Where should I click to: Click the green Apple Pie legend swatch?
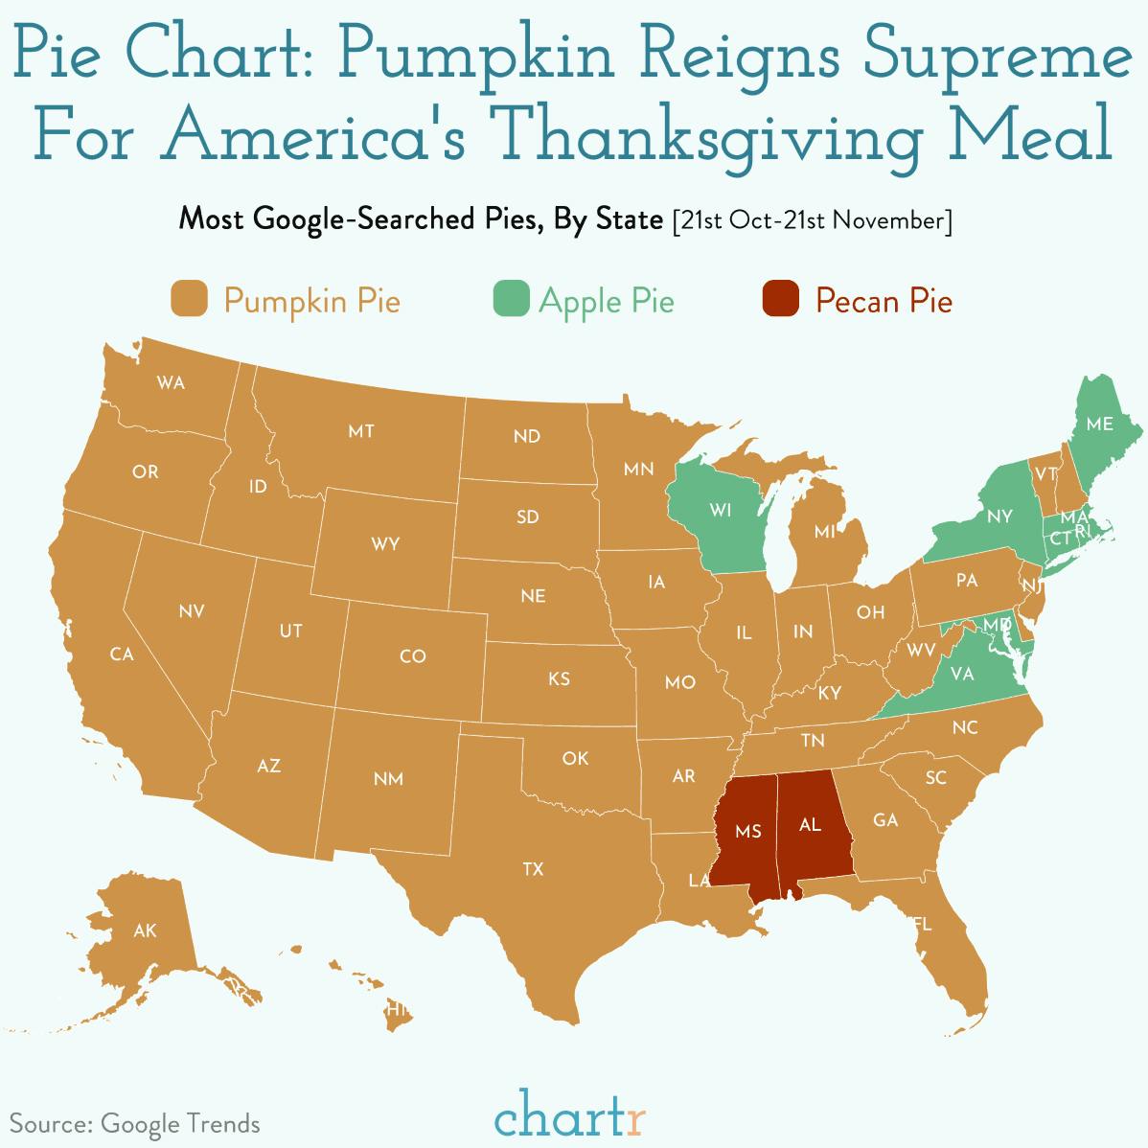(511, 299)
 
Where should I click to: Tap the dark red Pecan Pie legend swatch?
(780, 299)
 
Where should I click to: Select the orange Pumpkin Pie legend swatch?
(189, 299)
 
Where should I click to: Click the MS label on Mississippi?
(748, 831)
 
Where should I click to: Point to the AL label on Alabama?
(810, 824)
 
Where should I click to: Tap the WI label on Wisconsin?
(720, 510)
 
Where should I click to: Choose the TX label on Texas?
(533, 869)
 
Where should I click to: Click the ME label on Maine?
(1099, 423)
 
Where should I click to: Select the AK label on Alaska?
(145, 930)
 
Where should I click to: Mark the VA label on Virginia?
(962, 674)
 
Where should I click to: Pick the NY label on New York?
(999, 517)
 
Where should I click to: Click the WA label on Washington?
(171, 383)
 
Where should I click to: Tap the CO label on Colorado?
(412, 656)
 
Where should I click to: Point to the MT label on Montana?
(361, 431)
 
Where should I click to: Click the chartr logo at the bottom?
(571, 1115)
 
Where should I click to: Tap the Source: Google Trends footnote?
(135, 1122)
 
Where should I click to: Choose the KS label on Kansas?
(559, 678)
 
